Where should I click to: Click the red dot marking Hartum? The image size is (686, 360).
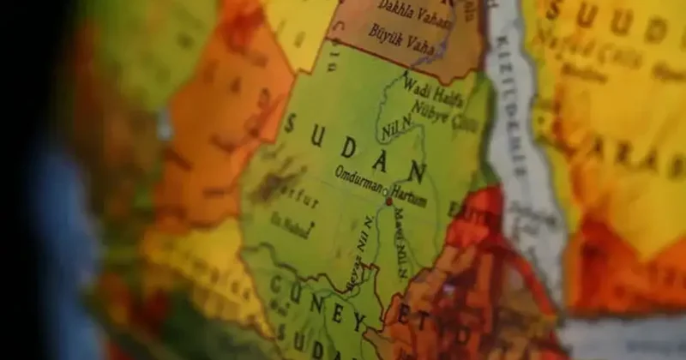(x=388, y=201)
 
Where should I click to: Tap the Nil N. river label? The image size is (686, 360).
(x=396, y=129)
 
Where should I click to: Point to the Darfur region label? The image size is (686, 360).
(x=302, y=202)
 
